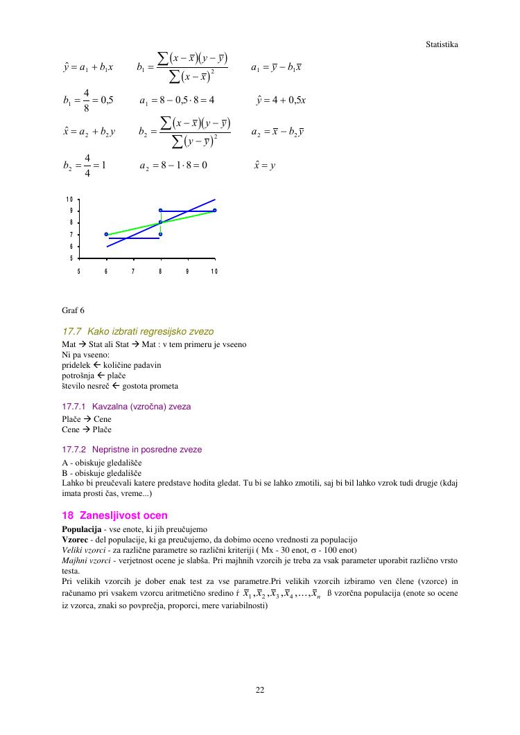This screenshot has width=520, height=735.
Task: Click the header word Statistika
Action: [442, 44]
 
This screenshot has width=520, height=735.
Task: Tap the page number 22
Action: [260, 689]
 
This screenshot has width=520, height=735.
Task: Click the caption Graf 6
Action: [73, 310]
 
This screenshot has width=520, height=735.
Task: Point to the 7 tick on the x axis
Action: [132, 270]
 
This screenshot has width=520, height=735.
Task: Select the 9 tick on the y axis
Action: [70, 211]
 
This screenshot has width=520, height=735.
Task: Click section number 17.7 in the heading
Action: [72, 331]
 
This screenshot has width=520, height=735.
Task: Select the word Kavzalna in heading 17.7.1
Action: [109, 407]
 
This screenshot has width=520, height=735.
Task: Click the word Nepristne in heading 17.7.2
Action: [110, 450]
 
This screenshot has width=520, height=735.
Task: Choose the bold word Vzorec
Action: [75, 539]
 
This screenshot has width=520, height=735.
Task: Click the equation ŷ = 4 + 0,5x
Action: [281, 100]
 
